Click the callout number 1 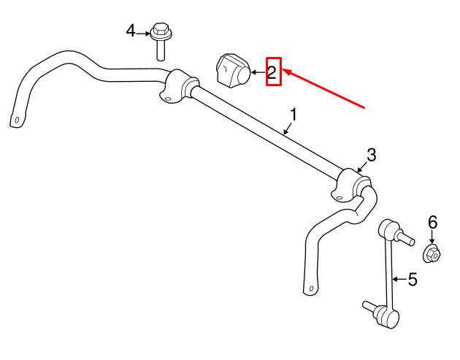pos(294,115)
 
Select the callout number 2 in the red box pos(272,72)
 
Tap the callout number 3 pos(372,156)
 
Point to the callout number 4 pos(131,31)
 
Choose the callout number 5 pos(413,280)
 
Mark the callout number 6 pos(433,223)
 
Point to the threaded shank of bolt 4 pos(161,50)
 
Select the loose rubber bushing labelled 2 pos(233,70)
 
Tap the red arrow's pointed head pos(286,72)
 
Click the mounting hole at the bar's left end pos(17,120)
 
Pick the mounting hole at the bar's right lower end pos(311,288)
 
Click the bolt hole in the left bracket pos(167,99)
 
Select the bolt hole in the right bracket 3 pos(339,198)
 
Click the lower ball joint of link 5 pos(388,317)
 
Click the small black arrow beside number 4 pos(143,34)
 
